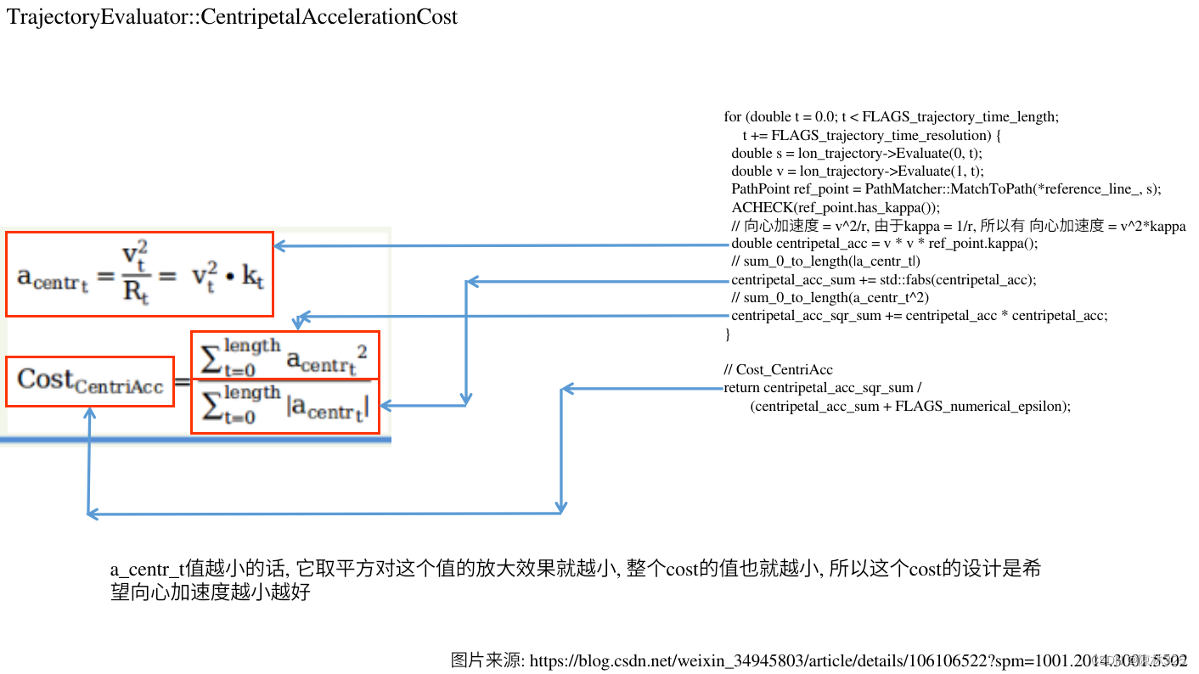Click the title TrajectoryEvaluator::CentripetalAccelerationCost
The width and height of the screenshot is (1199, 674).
[x=232, y=16]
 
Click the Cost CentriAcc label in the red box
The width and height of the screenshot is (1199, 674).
[x=90, y=380]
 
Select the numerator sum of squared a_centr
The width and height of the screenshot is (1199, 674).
[x=284, y=355]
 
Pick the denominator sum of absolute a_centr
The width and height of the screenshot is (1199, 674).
[x=284, y=406]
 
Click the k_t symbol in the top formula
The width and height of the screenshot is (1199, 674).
[x=253, y=276]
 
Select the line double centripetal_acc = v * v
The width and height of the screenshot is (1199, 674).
[x=884, y=244]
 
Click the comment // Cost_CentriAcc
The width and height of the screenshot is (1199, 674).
[x=778, y=370]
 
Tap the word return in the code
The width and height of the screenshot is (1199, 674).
[x=741, y=388]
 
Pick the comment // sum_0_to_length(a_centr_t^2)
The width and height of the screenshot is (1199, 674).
[x=830, y=298]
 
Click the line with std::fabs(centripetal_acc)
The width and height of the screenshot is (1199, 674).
[x=883, y=280]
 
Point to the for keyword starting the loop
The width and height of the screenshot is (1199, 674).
[x=732, y=117]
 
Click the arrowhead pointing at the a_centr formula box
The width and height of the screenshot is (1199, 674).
[x=279, y=246]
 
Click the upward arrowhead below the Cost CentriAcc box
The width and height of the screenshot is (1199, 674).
[x=89, y=413]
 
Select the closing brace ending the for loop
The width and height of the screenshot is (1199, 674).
[x=728, y=334]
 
